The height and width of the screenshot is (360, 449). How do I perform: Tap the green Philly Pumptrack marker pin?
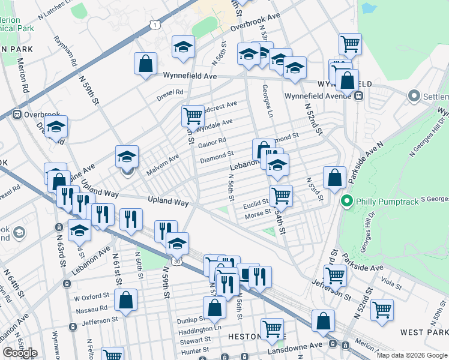coord(346,200)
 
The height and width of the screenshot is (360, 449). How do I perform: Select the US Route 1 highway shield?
coord(155,24)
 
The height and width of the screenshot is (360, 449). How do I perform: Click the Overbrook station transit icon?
coord(16,113)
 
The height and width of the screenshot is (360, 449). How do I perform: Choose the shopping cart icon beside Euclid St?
coord(280,195)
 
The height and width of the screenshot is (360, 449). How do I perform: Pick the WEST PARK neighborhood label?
coord(424,332)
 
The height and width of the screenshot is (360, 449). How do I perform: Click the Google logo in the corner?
coord(20,353)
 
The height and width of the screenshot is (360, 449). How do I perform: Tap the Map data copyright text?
coord(411,355)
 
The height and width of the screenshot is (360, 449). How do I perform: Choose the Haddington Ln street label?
coord(199,329)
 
